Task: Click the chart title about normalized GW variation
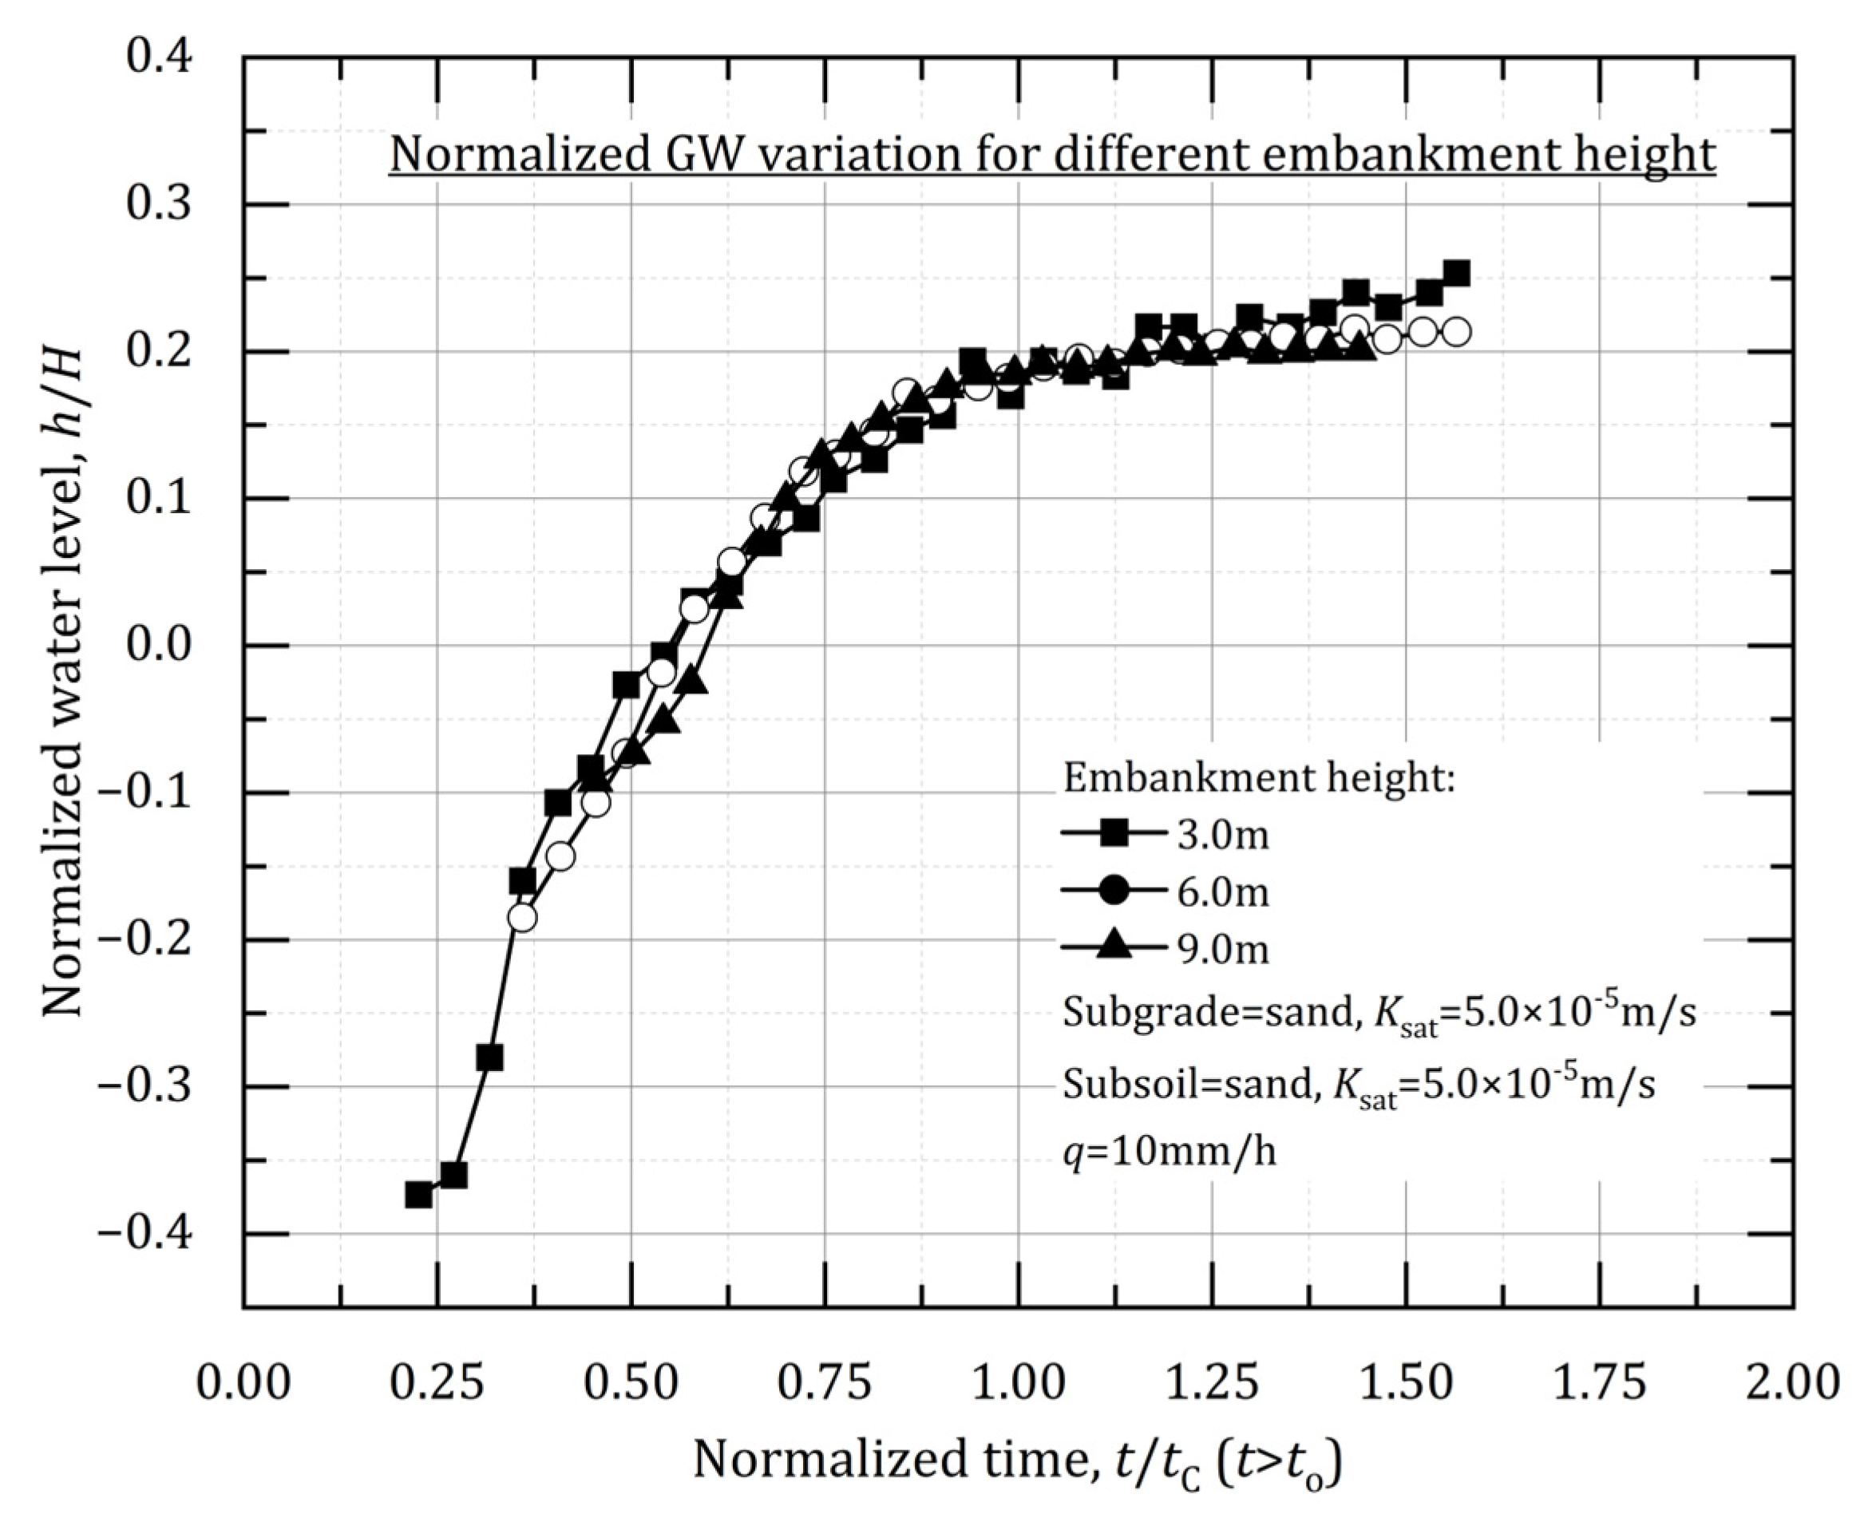[x=1051, y=155]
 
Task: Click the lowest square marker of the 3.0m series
[x=418, y=1195]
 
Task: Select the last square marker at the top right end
[x=1457, y=274]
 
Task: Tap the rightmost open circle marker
[x=1457, y=332]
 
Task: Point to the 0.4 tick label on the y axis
[x=158, y=58]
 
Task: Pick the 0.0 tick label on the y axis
[x=158, y=646]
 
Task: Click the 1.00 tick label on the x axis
[x=1018, y=1382]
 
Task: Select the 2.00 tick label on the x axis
[x=1792, y=1382]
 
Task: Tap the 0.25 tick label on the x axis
[x=437, y=1382]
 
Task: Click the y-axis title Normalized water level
[x=63, y=682]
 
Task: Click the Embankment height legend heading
[x=1259, y=778]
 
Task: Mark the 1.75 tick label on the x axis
[x=1598, y=1382]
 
